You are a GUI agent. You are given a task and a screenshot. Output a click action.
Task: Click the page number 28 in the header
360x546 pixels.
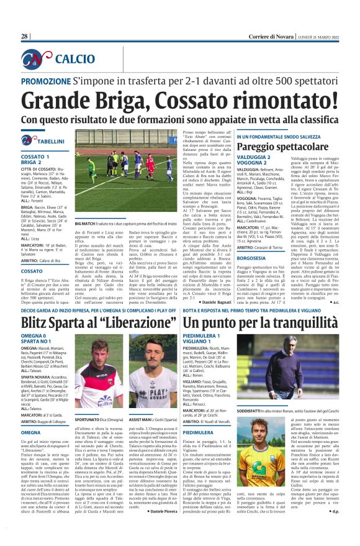(25, 37)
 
